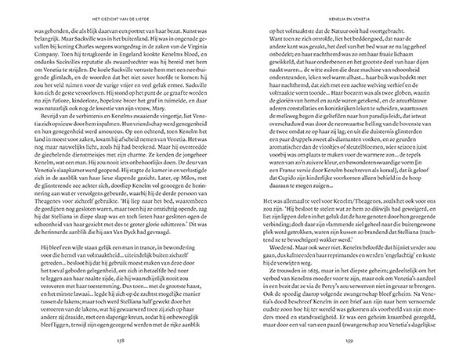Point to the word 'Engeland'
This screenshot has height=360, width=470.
(109, 59)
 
